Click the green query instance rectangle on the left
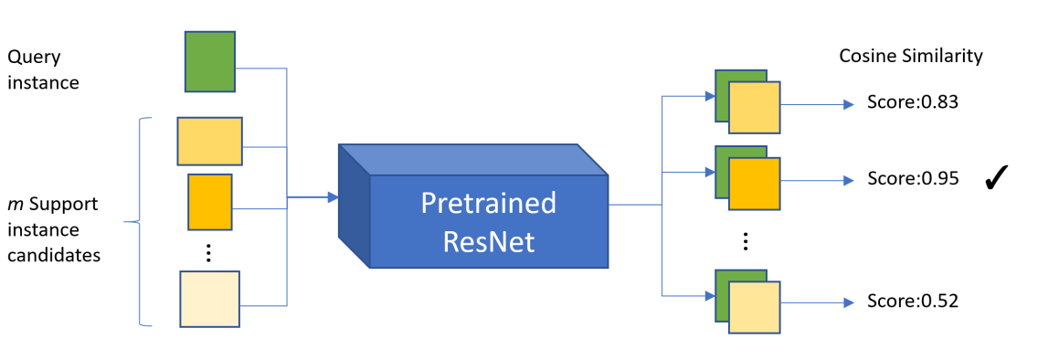pyautogui.click(x=210, y=61)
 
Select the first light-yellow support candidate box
pyautogui.click(x=209, y=140)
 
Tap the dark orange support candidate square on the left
pyautogui.click(x=210, y=202)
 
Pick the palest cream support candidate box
pyautogui.click(x=209, y=299)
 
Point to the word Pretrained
pyautogui.click(x=488, y=202)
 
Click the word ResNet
pyautogui.click(x=488, y=241)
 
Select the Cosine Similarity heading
pyautogui.click(x=911, y=56)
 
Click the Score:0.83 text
pyautogui.click(x=912, y=103)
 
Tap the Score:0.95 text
pyautogui.click(x=912, y=179)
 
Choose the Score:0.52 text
pyautogui.click(x=912, y=301)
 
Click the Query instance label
pyautogui.click(x=44, y=69)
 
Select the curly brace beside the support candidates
pyautogui.click(x=142, y=220)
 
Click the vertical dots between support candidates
pyautogui.click(x=209, y=253)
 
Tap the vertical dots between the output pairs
pyautogui.click(x=746, y=241)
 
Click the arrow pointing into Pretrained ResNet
pyautogui.click(x=324, y=196)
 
